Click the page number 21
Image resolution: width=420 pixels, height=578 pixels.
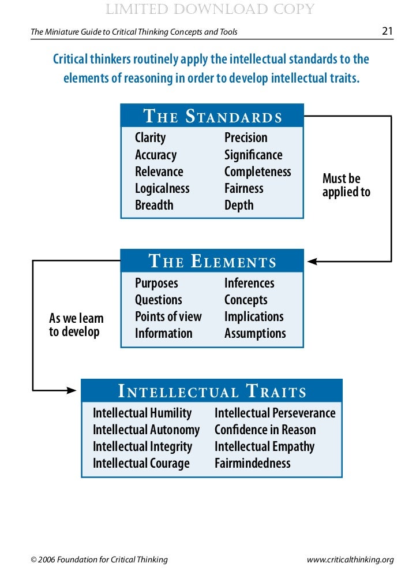tap(388, 31)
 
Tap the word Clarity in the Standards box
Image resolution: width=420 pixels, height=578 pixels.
tap(150, 138)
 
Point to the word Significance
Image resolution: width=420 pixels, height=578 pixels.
tap(253, 155)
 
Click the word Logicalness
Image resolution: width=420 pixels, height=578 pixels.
tap(162, 188)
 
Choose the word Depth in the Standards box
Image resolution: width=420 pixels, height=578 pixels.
tap(239, 205)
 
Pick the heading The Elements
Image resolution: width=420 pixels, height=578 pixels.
tap(212, 262)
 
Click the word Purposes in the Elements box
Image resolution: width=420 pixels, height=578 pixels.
tap(156, 283)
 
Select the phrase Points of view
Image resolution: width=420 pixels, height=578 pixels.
tap(168, 316)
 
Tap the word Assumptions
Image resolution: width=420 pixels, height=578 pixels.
tap(255, 333)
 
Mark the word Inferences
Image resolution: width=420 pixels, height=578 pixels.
tap(249, 283)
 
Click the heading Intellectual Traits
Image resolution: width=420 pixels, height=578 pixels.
tap(212, 392)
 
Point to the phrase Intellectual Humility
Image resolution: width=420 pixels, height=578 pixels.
tap(142, 413)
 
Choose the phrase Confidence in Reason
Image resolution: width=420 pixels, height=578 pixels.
tap(265, 430)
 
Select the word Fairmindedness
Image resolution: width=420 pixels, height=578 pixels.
tap(252, 463)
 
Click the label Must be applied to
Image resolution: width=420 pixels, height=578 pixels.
tap(346, 185)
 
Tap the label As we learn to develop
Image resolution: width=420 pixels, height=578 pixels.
tap(76, 325)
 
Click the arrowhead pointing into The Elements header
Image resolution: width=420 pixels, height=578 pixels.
tap(312, 262)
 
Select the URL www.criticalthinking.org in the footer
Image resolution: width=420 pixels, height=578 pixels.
tap(350, 560)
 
